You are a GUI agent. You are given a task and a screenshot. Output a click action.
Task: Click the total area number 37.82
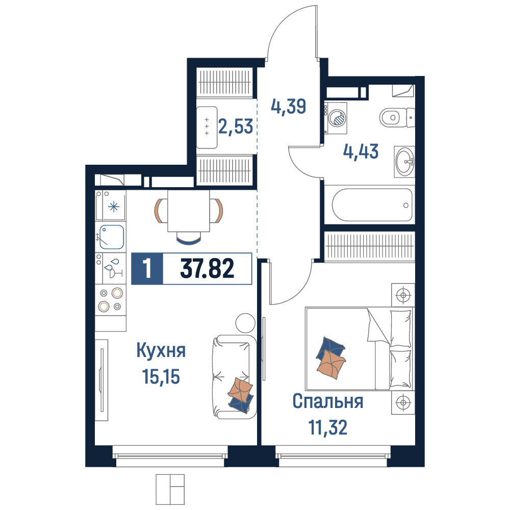click(207, 269)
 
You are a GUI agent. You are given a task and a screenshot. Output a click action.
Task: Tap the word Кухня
click(161, 351)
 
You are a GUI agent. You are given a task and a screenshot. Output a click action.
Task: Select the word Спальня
click(328, 402)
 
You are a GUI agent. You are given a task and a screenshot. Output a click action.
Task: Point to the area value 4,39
click(289, 107)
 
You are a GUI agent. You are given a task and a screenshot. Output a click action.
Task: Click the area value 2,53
click(236, 126)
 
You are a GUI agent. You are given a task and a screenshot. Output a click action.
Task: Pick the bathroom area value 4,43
click(361, 151)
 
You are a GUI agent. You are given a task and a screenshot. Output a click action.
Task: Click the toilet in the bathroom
click(397, 117)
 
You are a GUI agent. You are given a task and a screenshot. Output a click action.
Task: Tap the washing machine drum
click(338, 118)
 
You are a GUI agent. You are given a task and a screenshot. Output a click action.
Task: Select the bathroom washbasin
click(404, 161)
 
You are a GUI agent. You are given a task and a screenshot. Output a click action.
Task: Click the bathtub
click(372, 205)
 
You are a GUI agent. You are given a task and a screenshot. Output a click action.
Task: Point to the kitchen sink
click(112, 237)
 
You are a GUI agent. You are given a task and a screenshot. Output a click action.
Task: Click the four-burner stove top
click(111, 300)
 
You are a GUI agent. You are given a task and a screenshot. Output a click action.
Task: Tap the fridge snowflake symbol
click(114, 207)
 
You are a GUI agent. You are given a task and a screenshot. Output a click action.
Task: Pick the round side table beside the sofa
click(246, 323)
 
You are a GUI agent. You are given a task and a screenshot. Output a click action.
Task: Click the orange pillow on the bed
click(331, 364)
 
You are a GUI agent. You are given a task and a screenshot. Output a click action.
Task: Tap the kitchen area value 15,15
click(161, 377)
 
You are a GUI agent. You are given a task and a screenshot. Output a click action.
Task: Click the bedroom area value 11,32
click(328, 427)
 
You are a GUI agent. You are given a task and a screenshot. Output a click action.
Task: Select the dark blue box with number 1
click(147, 269)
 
